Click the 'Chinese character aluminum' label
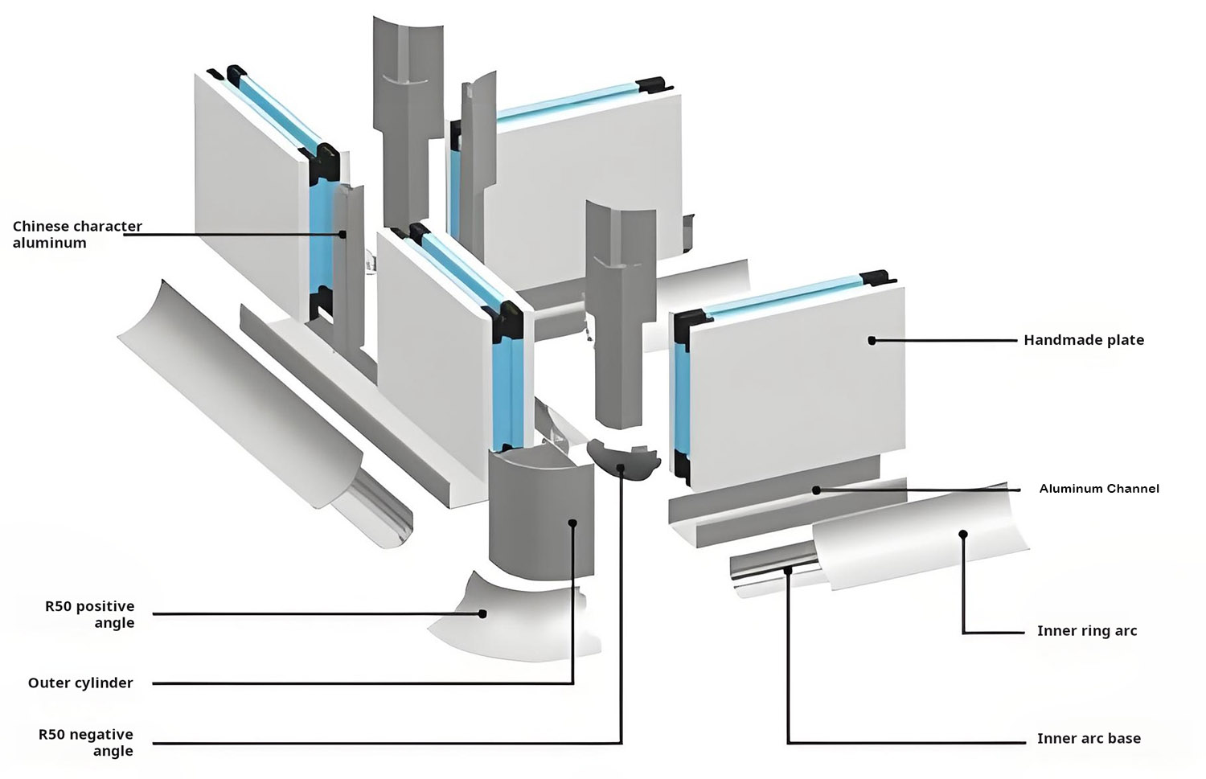pyautogui.click(x=76, y=235)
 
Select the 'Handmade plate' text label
pyautogui.click(x=1083, y=340)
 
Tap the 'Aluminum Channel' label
pyautogui.click(x=1098, y=489)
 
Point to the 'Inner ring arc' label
pyautogui.click(x=1086, y=631)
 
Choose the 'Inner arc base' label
pyautogui.click(x=1088, y=739)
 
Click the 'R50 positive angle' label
pyautogui.click(x=90, y=614)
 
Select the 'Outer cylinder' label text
pyautogui.click(x=80, y=683)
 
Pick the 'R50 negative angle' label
pyautogui.click(x=86, y=742)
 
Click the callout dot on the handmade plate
pyautogui.click(x=872, y=340)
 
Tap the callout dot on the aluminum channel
pyautogui.click(x=816, y=490)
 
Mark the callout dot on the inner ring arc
pyautogui.click(x=962, y=533)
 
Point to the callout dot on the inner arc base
pyautogui.click(x=789, y=570)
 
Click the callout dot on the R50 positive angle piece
pyautogui.click(x=483, y=613)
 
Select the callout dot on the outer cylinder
pyautogui.click(x=572, y=523)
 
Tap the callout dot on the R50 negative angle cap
pyautogui.click(x=621, y=467)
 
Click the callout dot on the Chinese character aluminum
pyautogui.click(x=343, y=235)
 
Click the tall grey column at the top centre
pyautogui.click(x=407, y=121)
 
